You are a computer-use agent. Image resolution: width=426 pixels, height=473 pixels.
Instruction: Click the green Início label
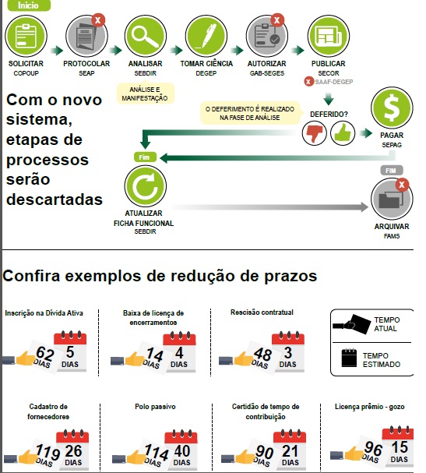point(29,5)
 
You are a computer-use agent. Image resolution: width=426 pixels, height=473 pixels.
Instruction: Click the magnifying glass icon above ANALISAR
point(146,37)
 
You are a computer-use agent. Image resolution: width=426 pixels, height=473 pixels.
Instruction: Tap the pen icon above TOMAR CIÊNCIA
point(206,37)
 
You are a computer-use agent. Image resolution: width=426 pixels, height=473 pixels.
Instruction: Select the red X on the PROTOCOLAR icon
point(98,20)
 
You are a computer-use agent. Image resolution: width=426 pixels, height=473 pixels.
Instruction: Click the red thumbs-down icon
point(314,133)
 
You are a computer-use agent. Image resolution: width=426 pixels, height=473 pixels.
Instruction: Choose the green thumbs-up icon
point(343,133)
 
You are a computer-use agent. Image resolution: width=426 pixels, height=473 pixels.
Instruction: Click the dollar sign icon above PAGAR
point(392,108)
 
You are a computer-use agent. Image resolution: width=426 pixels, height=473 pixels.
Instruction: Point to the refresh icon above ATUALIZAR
point(146,186)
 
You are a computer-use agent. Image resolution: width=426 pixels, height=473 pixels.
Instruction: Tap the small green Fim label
point(145,157)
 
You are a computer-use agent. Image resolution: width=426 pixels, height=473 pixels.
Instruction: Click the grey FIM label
point(391,171)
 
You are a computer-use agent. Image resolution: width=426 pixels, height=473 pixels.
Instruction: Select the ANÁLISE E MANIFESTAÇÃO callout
point(146,94)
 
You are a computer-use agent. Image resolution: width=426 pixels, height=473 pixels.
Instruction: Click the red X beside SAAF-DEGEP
point(308,82)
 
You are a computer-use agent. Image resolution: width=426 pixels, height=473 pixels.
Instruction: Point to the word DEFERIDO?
point(329,115)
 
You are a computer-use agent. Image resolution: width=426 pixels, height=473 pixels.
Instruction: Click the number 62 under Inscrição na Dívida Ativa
point(45,353)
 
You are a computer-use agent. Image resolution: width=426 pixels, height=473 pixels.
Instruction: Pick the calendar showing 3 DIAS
point(288,351)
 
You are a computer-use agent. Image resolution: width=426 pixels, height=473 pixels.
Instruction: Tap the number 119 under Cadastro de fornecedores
point(48,452)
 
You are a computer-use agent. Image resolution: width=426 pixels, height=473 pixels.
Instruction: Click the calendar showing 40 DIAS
point(181,450)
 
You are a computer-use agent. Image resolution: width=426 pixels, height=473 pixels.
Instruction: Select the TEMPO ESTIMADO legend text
point(382,360)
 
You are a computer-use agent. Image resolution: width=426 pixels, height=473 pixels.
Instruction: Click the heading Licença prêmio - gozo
point(370,407)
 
